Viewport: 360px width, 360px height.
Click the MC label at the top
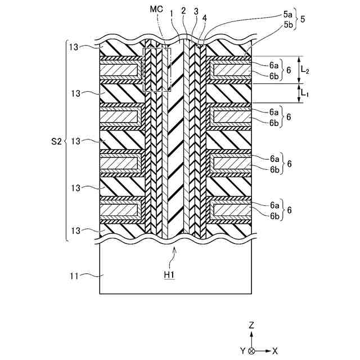157,10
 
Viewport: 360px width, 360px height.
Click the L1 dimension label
305,93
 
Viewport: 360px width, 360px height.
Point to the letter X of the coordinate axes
275,350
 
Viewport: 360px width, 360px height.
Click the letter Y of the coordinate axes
243,350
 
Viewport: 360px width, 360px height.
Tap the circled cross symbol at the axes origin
252,350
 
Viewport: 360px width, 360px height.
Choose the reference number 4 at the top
204,17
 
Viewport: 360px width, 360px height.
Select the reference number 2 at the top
183,11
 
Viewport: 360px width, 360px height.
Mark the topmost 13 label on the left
73,47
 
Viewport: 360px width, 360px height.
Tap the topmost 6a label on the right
274,65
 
